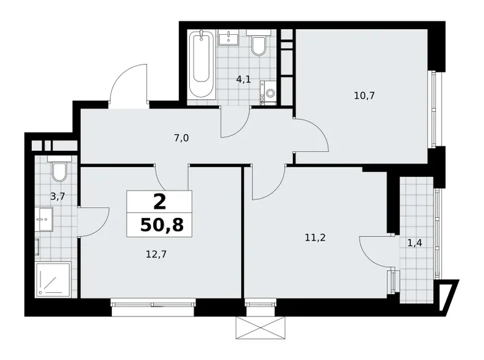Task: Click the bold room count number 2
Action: (159, 200)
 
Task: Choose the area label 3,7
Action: (57, 197)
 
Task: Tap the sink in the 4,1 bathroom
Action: (231, 38)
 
